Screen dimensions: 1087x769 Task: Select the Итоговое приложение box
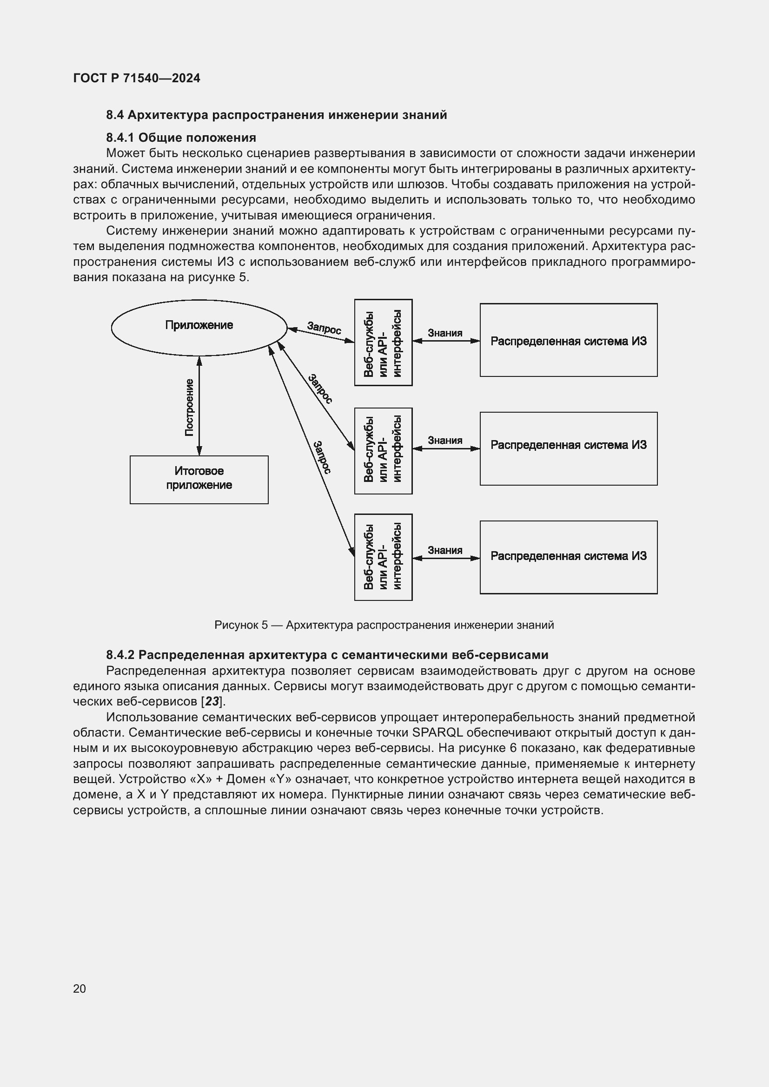click(199, 479)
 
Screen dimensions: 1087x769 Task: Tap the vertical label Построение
click(189, 407)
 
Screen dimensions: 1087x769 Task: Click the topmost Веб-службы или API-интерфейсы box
click(383, 343)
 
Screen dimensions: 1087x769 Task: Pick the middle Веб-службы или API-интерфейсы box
click(383, 450)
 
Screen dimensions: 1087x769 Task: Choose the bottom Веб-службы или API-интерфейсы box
click(383, 557)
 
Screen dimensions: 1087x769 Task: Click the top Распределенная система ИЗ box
click(568, 340)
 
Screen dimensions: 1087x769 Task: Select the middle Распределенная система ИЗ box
click(568, 448)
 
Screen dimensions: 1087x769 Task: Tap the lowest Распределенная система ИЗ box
click(568, 557)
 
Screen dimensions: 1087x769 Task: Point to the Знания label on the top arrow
click(444, 333)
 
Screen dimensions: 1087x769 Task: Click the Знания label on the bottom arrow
click(444, 550)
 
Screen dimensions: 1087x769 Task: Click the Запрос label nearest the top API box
click(324, 328)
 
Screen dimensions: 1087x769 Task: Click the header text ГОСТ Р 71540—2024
click(137, 78)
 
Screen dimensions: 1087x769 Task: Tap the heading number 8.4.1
click(120, 138)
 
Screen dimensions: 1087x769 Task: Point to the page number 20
click(80, 988)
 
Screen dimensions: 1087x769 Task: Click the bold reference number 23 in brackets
click(212, 701)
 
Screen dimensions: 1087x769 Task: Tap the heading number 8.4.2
click(120, 655)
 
